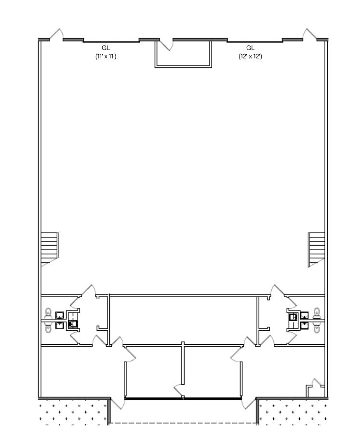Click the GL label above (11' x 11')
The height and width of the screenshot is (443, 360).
(106, 48)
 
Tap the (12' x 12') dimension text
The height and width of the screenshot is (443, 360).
(250, 56)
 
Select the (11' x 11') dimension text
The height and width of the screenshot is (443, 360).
(106, 56)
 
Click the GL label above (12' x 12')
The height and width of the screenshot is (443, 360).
(250, 48)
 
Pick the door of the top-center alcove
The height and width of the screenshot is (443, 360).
(166, 45)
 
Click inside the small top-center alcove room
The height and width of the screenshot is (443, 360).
(183, 55)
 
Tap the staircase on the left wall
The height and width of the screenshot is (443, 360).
(49, 247)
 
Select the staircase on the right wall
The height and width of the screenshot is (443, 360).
(316, 248)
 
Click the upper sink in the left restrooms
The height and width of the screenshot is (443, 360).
(60, 316)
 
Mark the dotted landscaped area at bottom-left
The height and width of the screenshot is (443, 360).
(72, 412)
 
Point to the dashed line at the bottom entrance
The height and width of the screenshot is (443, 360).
(183, 423)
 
